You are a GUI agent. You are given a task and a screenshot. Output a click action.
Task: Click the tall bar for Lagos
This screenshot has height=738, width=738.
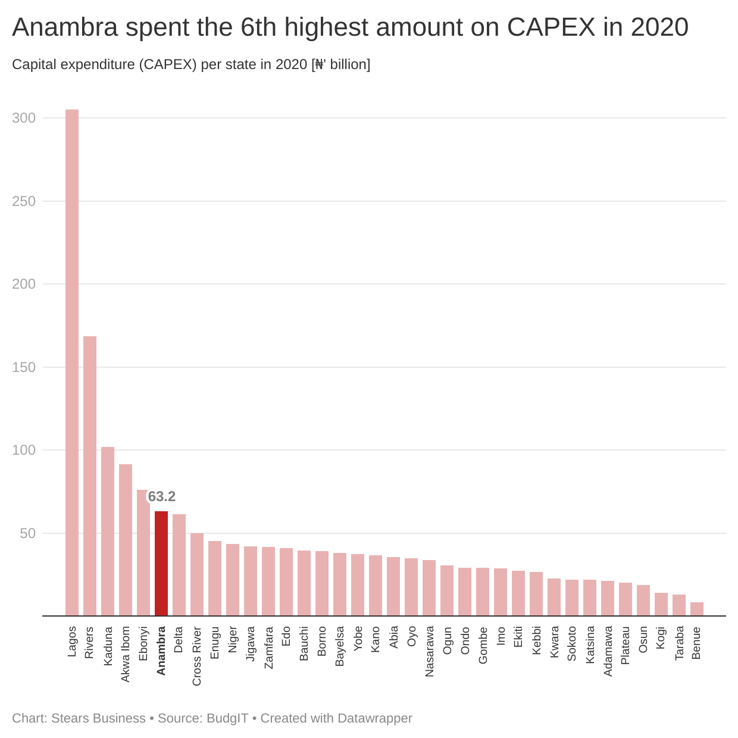(72, 362)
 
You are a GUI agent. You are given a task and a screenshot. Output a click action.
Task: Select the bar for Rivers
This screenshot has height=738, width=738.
(90, 476)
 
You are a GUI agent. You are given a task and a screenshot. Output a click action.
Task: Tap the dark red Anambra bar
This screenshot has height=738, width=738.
(161, 563)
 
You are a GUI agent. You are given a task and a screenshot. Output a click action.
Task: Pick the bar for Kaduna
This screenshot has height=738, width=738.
(108, 531)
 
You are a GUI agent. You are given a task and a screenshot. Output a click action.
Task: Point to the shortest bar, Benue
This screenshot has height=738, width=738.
(697, 609)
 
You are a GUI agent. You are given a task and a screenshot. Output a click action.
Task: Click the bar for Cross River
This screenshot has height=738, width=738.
(197, 574)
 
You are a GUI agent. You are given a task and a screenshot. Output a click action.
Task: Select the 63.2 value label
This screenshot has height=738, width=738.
(162, 496)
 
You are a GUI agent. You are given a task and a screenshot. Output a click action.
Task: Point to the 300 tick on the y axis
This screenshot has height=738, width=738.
(24, 118)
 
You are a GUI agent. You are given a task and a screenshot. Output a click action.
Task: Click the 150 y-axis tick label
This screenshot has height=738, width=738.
(24, 367)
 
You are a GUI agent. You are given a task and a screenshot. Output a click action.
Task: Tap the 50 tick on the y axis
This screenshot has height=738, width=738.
(27, 533)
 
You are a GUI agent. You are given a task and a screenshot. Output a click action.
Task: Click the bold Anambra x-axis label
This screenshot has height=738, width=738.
(161, 651)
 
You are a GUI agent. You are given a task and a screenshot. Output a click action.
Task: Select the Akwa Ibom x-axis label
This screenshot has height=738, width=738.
(126, 653)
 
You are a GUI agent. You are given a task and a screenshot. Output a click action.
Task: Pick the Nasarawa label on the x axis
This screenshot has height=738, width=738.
(429, 651)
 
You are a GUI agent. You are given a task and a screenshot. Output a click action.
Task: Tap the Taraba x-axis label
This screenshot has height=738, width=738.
(679, 643)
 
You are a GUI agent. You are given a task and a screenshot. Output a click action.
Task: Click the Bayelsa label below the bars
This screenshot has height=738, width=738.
(340, 646)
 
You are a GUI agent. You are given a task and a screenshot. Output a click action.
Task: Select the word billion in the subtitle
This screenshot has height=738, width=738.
(349, 64)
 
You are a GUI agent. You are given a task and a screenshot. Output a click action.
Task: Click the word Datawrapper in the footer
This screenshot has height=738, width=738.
(374, 718)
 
